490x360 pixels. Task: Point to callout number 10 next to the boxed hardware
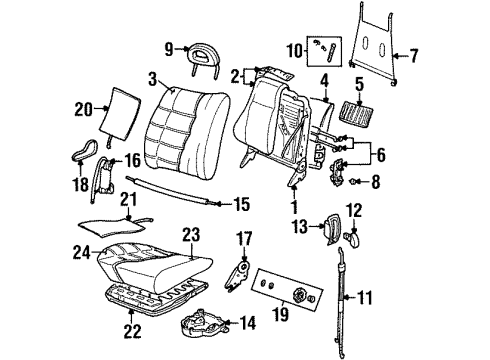coord(296,50)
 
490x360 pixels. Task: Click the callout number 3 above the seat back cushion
coord(151,77)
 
